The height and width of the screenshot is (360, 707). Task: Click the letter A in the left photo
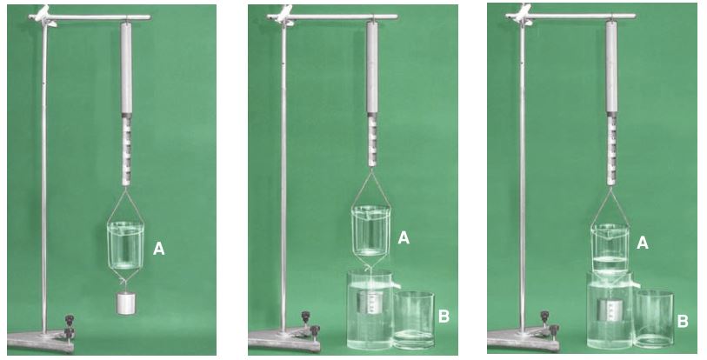pos(159,249)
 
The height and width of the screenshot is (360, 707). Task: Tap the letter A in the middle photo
pos(404,237)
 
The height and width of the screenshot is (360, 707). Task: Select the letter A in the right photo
pos(642,243)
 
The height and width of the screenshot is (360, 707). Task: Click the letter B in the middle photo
pos(444,317)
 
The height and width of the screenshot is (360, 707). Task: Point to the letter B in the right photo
pos(684,321)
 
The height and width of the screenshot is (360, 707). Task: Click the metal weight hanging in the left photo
pos(126,303)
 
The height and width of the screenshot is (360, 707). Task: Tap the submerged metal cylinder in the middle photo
pos(370,302)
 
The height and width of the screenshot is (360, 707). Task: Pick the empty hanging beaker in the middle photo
pos(370,230)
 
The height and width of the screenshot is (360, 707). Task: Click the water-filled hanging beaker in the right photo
pos(610,249)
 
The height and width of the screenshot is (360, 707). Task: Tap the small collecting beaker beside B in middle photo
pos(414,320)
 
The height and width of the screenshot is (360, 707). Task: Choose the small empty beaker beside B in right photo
pos(654,319)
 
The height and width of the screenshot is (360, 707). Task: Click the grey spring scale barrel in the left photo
pos(127,68)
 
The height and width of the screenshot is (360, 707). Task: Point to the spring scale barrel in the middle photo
pos(372,67)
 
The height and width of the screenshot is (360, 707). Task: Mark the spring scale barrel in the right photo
pos(611,67)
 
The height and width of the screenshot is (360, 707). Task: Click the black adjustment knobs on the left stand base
pos(70,327)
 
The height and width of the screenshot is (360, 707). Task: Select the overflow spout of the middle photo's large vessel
pos(396,285)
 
